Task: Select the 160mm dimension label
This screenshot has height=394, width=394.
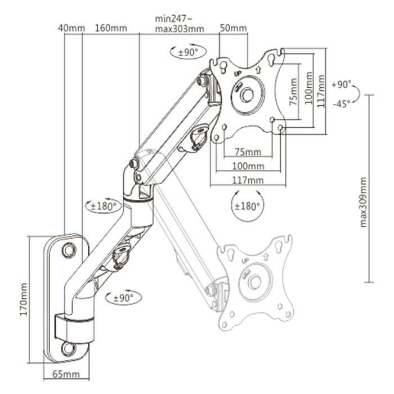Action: [x=111, y=28]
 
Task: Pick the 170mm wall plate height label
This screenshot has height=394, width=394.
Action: [x=24, y=299]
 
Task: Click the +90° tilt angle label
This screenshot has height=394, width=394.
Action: [x=341, y=84]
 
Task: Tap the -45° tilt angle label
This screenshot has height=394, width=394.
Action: [x=341, y=102]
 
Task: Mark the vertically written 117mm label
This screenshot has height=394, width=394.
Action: [x=321, y=91]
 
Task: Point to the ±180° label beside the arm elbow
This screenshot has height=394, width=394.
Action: [x=103, y=205]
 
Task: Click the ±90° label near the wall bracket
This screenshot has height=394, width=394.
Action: [x=123, y=297]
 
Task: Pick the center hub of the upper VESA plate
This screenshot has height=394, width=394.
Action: [x=247, y=94]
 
